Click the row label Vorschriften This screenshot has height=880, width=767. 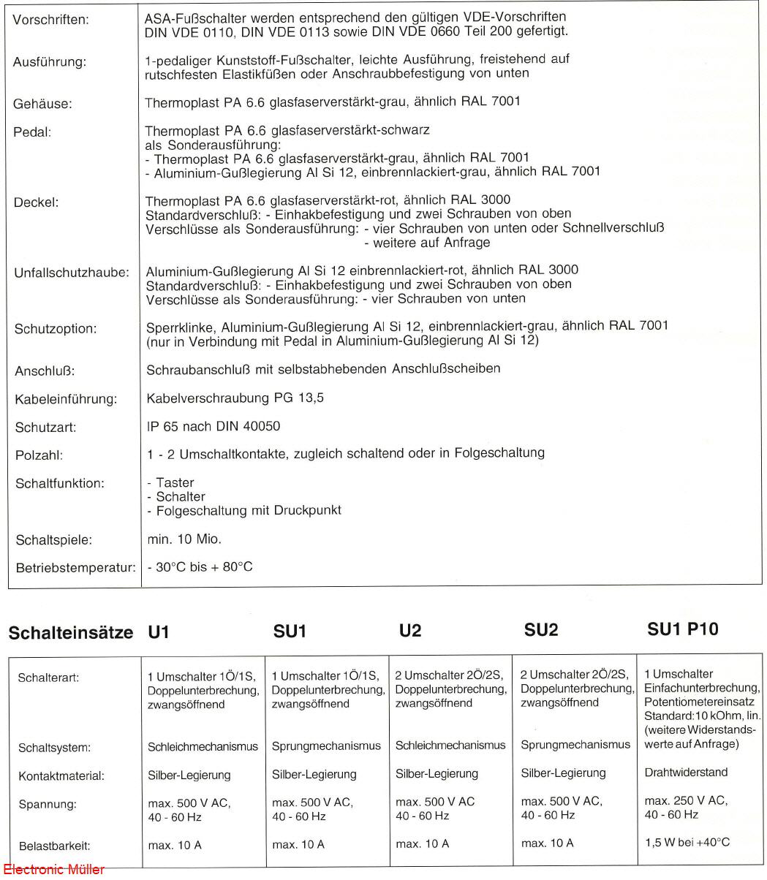(50, 20)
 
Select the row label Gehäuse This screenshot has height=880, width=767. (42, 105)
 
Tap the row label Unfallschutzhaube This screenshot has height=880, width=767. (72, 273)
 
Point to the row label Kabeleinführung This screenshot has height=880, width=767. (65, 399)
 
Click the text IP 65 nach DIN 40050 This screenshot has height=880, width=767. (213, 426)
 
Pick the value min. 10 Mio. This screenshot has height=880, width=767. (184, 539)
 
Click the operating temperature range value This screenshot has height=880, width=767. (200, 567)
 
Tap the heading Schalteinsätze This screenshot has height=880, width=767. (70, 632)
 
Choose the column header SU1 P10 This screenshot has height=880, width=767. (682, 629)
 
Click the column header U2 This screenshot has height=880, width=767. (410, 631)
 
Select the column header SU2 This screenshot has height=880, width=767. (541, 630)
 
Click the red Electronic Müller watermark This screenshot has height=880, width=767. (53, 870)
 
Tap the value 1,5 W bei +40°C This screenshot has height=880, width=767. (687, 842)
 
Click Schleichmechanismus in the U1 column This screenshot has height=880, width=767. (203, 746)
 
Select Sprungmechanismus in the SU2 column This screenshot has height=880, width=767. (575, 745)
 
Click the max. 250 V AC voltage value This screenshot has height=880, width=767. (686, 800)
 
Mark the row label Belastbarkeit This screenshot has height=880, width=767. (53, 846)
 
